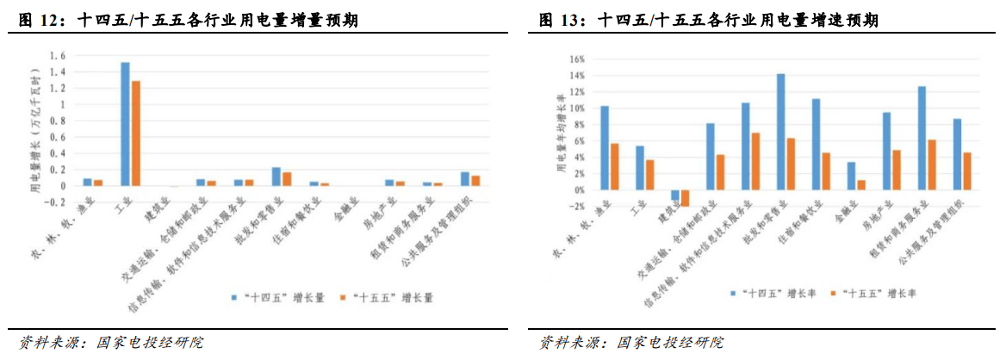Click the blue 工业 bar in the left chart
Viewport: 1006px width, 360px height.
tap(125, 124)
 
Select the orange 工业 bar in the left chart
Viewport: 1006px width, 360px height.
tap(135, 133)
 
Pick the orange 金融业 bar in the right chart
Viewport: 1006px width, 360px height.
tap(861, 185)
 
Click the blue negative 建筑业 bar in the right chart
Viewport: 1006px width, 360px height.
tap(675, 195)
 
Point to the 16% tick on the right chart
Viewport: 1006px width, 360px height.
tap(576, 59)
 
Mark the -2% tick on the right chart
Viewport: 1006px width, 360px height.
tap(576, 207)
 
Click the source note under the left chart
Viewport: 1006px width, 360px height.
tap(112, 342)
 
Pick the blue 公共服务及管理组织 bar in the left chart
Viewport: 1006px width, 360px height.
tap(465, 179)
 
